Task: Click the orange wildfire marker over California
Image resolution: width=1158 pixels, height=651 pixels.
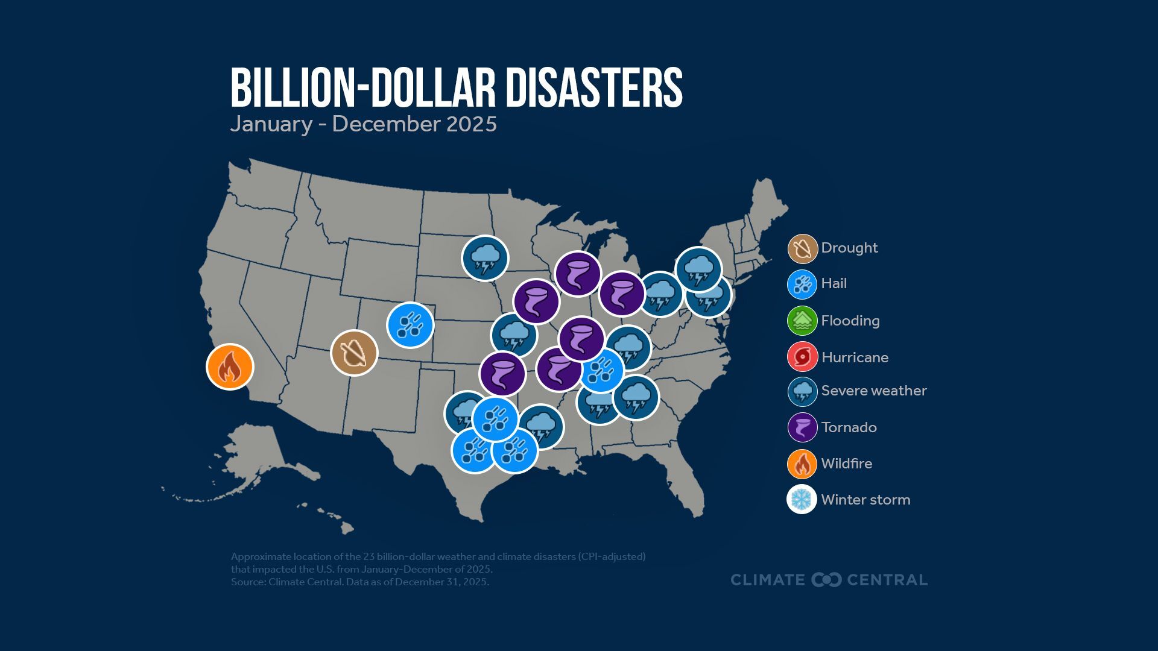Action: pos(230,366)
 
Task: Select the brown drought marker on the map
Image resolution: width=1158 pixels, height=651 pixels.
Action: pos(354,353)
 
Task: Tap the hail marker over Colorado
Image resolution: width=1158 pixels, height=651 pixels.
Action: pos(410,325)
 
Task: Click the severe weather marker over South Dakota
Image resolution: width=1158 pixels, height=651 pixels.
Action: pos(485,258)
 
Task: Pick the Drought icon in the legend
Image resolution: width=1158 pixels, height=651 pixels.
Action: pos(802,248)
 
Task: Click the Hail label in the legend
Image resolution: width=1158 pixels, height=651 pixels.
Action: pos(834,283)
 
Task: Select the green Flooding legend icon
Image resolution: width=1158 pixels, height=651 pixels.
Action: pos(802,321)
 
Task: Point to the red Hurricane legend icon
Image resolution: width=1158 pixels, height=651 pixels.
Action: pos(802,357)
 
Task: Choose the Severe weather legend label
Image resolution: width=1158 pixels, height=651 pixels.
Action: pos(873,391)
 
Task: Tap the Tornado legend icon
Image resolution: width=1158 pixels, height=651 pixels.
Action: pos(802,427)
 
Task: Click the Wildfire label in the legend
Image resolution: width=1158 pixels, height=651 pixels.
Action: pos(846,464)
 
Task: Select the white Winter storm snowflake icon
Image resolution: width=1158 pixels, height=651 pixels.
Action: pos(802,499)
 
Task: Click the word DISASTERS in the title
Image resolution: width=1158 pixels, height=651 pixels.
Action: pos(593,88)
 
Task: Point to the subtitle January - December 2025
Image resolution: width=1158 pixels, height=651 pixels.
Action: pos(363,124)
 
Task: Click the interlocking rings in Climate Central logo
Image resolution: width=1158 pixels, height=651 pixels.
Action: pos(826,580)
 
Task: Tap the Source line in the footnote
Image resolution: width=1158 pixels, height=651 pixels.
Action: pos(359,582)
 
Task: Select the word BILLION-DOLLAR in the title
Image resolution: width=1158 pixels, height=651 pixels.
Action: pos(362,88)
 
